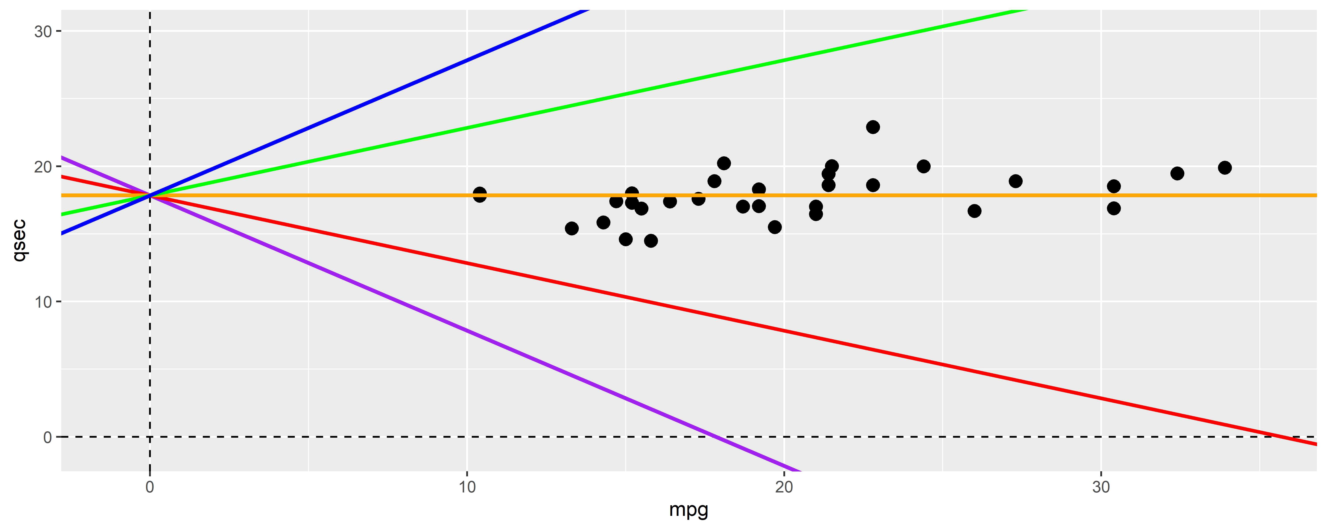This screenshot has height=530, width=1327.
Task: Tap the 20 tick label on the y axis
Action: [x=43, y=167]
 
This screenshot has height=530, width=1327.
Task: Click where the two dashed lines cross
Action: [x=150, y=437]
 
